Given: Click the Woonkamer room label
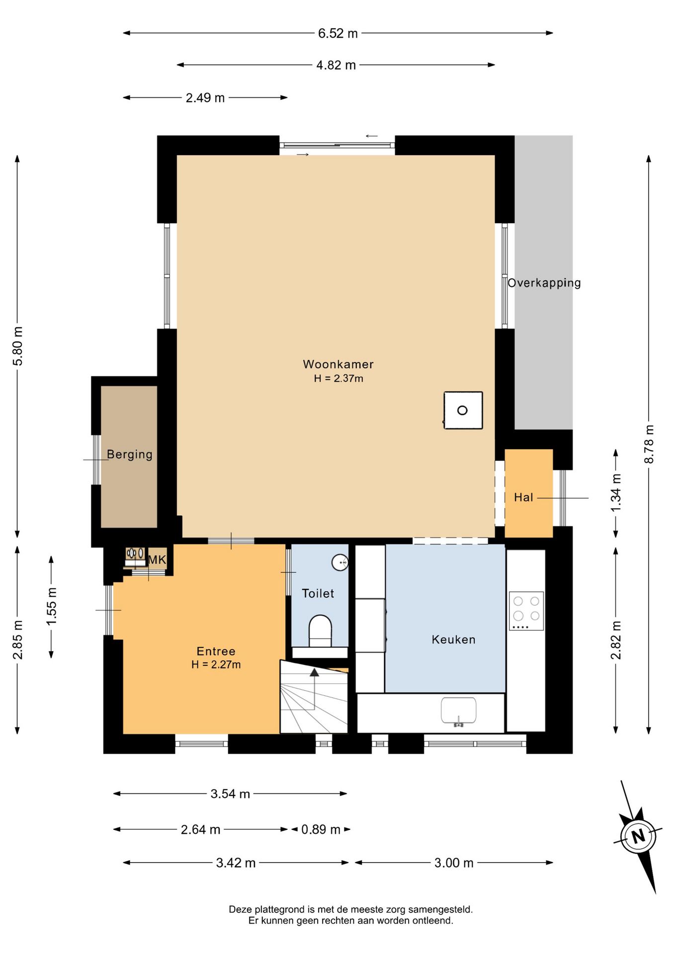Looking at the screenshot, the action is [x=338, y=364].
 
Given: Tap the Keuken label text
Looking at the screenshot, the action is [x=453, y=639].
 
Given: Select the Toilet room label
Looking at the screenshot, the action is [x=318, y=593].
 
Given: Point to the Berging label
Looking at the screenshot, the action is [x=130, y=455].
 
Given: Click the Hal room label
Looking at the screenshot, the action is [x=523, y=497].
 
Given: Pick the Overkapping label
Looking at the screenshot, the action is [x=544, y=283].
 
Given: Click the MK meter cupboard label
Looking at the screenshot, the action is [x=157, y=560].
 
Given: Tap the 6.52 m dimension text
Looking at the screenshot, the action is [x=338, y=33].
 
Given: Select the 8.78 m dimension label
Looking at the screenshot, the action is [x=649, y=444].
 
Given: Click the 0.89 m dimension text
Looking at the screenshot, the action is [x=321, y=829].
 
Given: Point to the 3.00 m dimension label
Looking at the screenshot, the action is [x=454, y=863].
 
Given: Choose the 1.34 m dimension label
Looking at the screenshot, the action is [x=616, y=493].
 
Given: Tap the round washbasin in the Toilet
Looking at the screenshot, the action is [x=340, y=562].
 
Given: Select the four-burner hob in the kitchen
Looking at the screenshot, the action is [x=526, y=611].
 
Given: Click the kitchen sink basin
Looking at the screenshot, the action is [x=458, y=710].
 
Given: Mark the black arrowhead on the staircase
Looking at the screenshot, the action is [x=314, y=672].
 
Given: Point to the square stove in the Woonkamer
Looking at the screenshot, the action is [x=463, y=410].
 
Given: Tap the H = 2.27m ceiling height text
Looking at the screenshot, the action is [x=216, y=665].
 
